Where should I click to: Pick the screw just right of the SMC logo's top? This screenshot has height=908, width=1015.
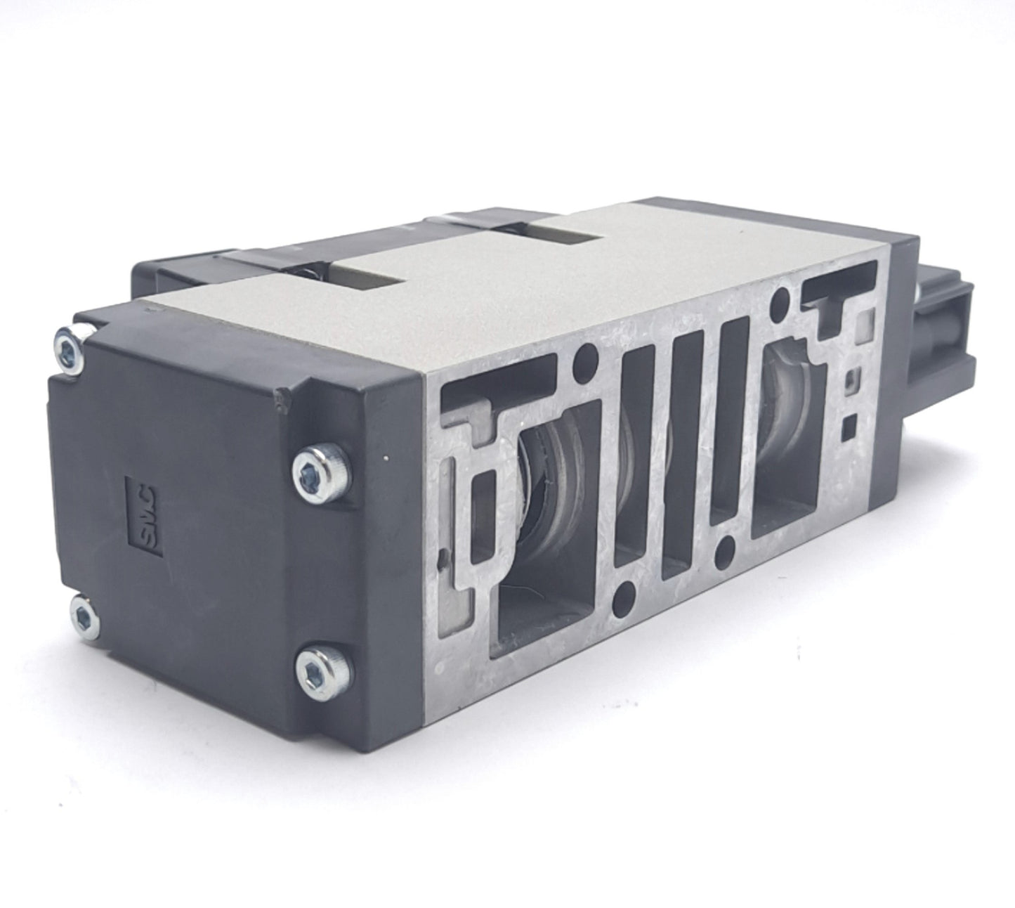pyautogui.click(x=309, y=478)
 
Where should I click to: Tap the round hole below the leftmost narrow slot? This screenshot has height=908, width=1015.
pyautogui.click(x=622, y=601)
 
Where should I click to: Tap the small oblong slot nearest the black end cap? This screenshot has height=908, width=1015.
pyautogui.click(x=485, y=517)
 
